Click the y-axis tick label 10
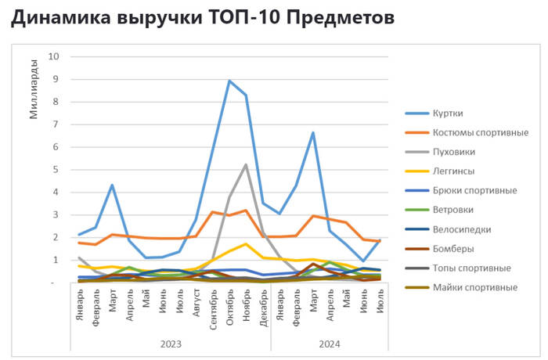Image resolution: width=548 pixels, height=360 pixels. pos(53,56)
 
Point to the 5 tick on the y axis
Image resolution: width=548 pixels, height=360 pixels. pos(56,169)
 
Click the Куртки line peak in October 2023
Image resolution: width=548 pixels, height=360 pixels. pos(229,81)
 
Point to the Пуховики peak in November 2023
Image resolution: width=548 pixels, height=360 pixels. pos(246,164)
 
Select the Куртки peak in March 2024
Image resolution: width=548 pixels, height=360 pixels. pos(313,133)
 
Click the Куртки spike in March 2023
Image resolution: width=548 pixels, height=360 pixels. pos(113,185)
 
